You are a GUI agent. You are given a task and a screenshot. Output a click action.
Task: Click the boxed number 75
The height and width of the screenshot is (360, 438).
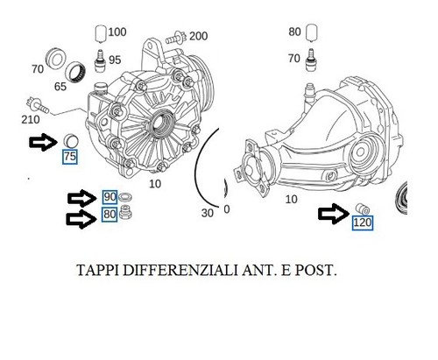click(x=70, y=157)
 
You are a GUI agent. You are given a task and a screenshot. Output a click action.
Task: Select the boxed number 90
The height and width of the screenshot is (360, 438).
click(x=109, y=197)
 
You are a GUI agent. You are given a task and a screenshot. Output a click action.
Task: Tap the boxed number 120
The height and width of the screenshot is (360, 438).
click(x=362, y=222)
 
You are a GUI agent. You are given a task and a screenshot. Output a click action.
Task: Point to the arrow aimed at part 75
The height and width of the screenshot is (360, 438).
click(x=43, y=142)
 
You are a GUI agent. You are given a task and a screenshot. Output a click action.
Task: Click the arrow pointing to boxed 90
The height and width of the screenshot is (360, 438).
click(x=81, y=198)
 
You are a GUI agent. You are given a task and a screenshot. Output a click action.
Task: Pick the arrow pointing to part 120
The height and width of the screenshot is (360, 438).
click(x=334, y=214)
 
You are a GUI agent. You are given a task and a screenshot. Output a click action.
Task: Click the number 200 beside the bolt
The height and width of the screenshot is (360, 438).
click(x=199, y=36)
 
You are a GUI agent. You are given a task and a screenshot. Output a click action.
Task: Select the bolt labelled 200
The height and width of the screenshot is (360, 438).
click(x=176, y=38)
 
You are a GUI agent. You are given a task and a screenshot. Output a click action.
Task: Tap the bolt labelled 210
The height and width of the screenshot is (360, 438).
click(x=38, y=105)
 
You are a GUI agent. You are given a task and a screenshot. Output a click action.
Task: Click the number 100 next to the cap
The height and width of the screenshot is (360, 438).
click(x=117, y=32)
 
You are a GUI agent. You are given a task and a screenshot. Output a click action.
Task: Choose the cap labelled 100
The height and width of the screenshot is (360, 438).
click(x=101, y=34)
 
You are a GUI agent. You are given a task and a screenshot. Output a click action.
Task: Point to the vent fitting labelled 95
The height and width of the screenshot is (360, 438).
click(x=100, y=60)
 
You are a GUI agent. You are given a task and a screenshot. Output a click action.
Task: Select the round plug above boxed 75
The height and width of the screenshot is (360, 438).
click(x=71, y=141)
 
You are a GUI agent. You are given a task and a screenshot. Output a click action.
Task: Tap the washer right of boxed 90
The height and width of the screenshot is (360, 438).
click(x=125, y=197)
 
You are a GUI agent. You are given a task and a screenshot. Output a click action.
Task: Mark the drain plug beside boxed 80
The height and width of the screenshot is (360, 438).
click(x=125, y=212)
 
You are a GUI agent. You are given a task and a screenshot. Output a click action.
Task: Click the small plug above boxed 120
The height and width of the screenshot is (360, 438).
click(x=363, y=209)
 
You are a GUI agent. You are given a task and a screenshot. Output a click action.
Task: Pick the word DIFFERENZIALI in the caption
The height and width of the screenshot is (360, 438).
click(x=180, y=270)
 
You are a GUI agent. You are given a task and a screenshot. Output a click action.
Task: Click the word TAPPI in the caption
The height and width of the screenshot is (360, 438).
click(x=97, y=270)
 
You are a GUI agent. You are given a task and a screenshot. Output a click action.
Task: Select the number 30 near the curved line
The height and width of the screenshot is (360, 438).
click(x=208, y=213)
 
